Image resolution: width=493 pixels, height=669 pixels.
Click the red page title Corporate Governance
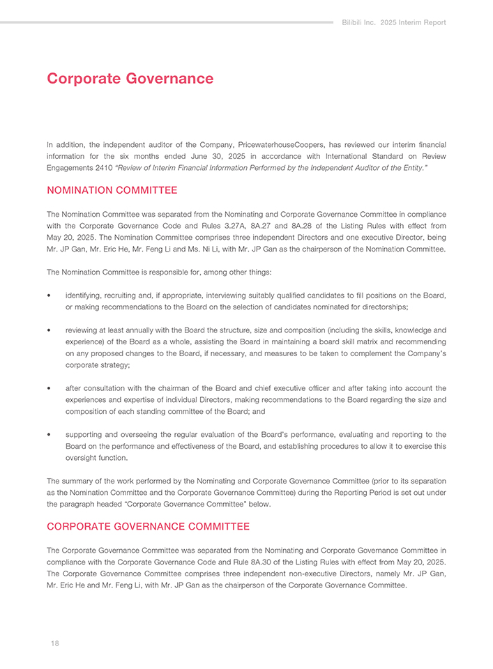[130, 79]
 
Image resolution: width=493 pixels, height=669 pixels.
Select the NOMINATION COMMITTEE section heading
[112, 190]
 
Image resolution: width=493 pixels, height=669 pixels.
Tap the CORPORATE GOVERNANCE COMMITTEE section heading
[148, 526]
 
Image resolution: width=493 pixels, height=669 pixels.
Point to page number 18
[54, 644]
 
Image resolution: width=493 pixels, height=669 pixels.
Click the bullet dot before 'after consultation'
[50, 388]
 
